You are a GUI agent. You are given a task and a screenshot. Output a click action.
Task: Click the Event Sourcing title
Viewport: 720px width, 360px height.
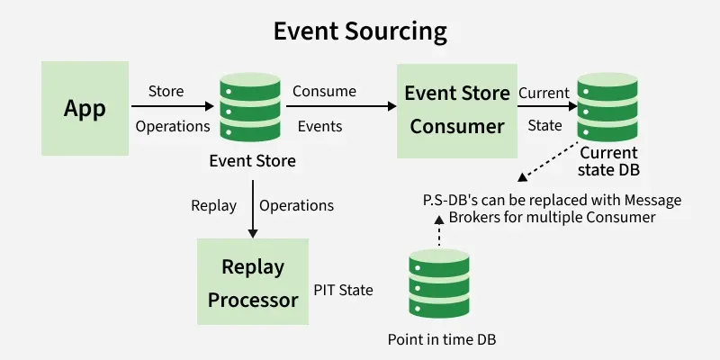point(360,32)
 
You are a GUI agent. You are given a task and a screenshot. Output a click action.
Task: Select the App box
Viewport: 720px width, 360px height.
point(85,109)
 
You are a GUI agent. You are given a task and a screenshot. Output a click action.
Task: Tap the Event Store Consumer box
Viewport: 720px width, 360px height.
point(457,109)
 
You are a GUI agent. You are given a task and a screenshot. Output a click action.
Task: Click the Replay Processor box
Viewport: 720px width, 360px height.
point(253,282)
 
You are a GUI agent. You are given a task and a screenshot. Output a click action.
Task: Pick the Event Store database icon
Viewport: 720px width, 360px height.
point(252,108)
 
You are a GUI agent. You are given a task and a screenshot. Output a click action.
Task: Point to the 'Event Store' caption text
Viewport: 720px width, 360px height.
point(252,162)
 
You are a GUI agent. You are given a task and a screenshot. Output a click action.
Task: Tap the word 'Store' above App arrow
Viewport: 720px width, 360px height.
point(166,91)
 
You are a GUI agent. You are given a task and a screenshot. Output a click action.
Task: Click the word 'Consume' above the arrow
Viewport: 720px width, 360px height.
point(324,91)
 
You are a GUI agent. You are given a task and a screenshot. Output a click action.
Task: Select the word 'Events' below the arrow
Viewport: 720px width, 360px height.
point(319,127)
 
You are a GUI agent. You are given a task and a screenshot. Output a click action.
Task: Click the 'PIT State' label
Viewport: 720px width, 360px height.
point(344,291)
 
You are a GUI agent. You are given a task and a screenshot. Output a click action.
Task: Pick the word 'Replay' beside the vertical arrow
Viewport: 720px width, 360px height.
point(214,205)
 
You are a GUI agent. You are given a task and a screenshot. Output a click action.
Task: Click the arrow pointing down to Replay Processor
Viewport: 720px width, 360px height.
point(253,206)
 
